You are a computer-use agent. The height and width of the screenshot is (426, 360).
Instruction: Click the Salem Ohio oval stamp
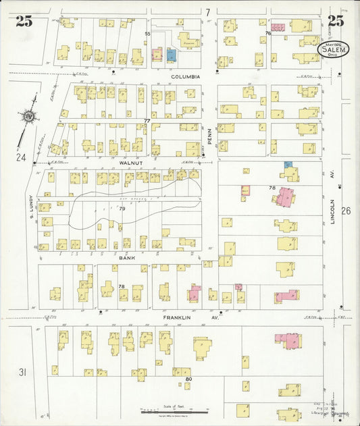[x=336, y=51]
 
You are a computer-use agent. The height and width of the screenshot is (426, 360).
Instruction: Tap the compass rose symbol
[x=29, y=117]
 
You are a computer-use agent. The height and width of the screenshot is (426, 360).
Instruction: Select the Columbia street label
[x=186, y=77]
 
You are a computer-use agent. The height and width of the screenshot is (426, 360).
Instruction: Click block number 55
[x=147, y=33]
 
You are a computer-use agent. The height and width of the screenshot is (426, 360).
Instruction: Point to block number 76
[x=268, y=33]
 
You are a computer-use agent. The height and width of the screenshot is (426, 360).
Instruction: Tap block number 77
[x=146, y=121]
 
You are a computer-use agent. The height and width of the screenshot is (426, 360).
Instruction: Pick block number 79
[x=122, y=209]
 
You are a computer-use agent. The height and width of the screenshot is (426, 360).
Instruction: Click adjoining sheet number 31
[x=22, y=373]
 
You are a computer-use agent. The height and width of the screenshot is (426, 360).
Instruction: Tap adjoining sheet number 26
[x=346, y=211]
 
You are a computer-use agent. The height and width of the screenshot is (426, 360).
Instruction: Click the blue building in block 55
[x=171, y=54]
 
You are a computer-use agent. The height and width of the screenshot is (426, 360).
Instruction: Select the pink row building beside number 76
[x=278, y=28]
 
